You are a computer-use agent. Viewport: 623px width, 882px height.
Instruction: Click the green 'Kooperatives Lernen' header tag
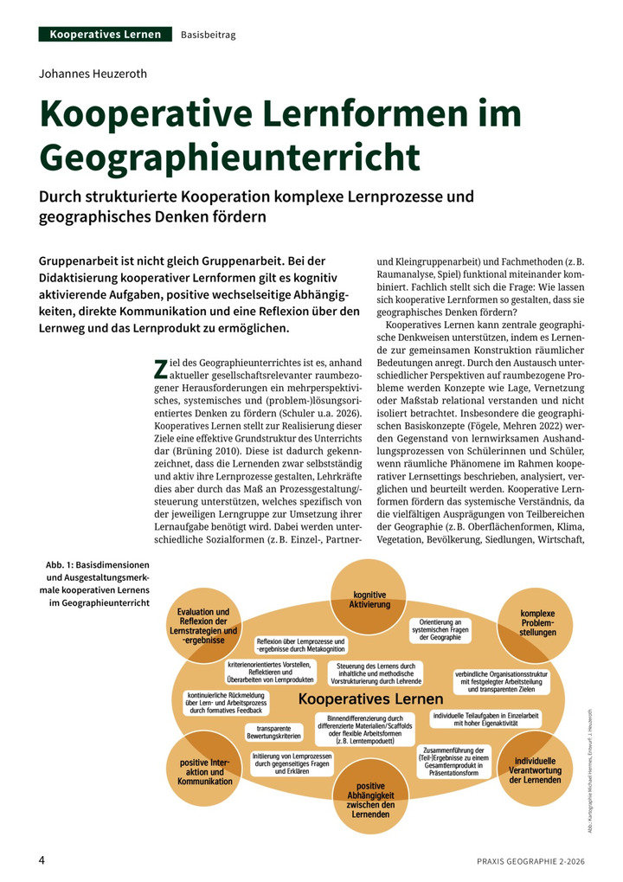[x=105, y=35]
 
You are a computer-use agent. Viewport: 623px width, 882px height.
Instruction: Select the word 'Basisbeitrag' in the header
[x=209, y=35]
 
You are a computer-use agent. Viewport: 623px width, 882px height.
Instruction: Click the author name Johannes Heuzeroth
[x=93, y=74]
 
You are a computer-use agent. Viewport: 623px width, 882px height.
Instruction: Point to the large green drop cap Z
[x=159, y=369]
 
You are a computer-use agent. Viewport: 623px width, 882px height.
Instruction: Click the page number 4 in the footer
[x=42, y=859]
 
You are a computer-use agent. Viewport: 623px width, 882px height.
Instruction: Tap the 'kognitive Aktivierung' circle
[x=369, y=598]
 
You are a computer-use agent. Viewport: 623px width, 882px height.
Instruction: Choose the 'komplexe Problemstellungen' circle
[x=536, y=621]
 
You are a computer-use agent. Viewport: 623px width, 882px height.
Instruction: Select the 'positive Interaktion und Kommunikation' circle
[x=205, y=771]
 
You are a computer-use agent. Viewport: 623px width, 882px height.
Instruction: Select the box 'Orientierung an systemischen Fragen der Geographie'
[x=440, y=629]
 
